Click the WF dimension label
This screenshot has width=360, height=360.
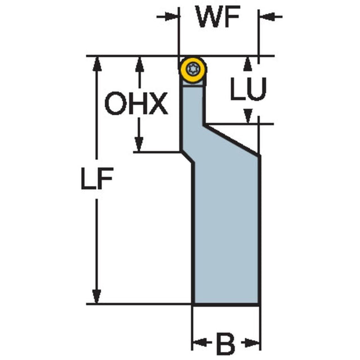coord(218,17)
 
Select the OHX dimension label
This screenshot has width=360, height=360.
coord(136,103)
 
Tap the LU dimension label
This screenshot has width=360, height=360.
coord(249,89)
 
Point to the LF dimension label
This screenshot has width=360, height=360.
coord(97,178)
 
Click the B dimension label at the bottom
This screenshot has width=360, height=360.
coord(226,344)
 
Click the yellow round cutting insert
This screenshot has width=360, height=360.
coord(193,69)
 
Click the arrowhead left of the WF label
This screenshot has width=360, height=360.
coord(172,17)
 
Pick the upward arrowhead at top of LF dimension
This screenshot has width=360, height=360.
coord(97,64)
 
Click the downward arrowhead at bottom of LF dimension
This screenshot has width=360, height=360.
coord(97,296)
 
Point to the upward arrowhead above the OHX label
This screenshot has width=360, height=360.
coord(139,64)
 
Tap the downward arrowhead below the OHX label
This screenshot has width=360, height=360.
coord(139,144)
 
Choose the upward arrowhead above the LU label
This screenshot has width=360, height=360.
coord(247,64)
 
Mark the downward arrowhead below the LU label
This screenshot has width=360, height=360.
coord(248,116)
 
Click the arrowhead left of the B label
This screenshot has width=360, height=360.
coord(200,343)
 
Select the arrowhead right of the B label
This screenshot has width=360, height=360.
coord(253,343)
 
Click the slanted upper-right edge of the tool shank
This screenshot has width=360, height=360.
coord(232,140)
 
